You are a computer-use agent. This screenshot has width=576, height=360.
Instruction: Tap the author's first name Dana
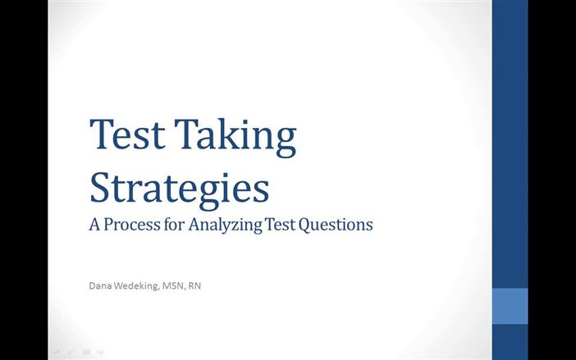tap(101, 286)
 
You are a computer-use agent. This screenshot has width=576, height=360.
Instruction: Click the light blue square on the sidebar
tap(510, 306)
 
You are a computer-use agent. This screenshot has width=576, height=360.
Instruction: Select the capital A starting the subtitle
tap(94, 223)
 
